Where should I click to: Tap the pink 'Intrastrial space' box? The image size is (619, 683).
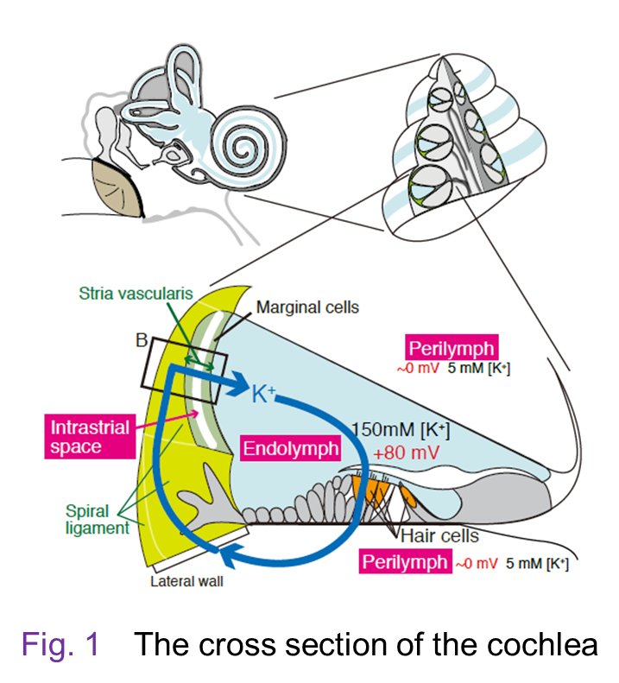point(90,437)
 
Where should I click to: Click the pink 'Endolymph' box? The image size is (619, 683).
point(291,449)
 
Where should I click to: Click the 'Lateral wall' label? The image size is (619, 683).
point(186,581)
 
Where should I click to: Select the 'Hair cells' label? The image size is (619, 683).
point(439,536)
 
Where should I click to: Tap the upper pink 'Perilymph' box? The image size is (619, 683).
point(452,349)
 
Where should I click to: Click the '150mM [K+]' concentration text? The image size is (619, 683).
point(401,428)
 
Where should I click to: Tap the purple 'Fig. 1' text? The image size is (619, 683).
point(60,643)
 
